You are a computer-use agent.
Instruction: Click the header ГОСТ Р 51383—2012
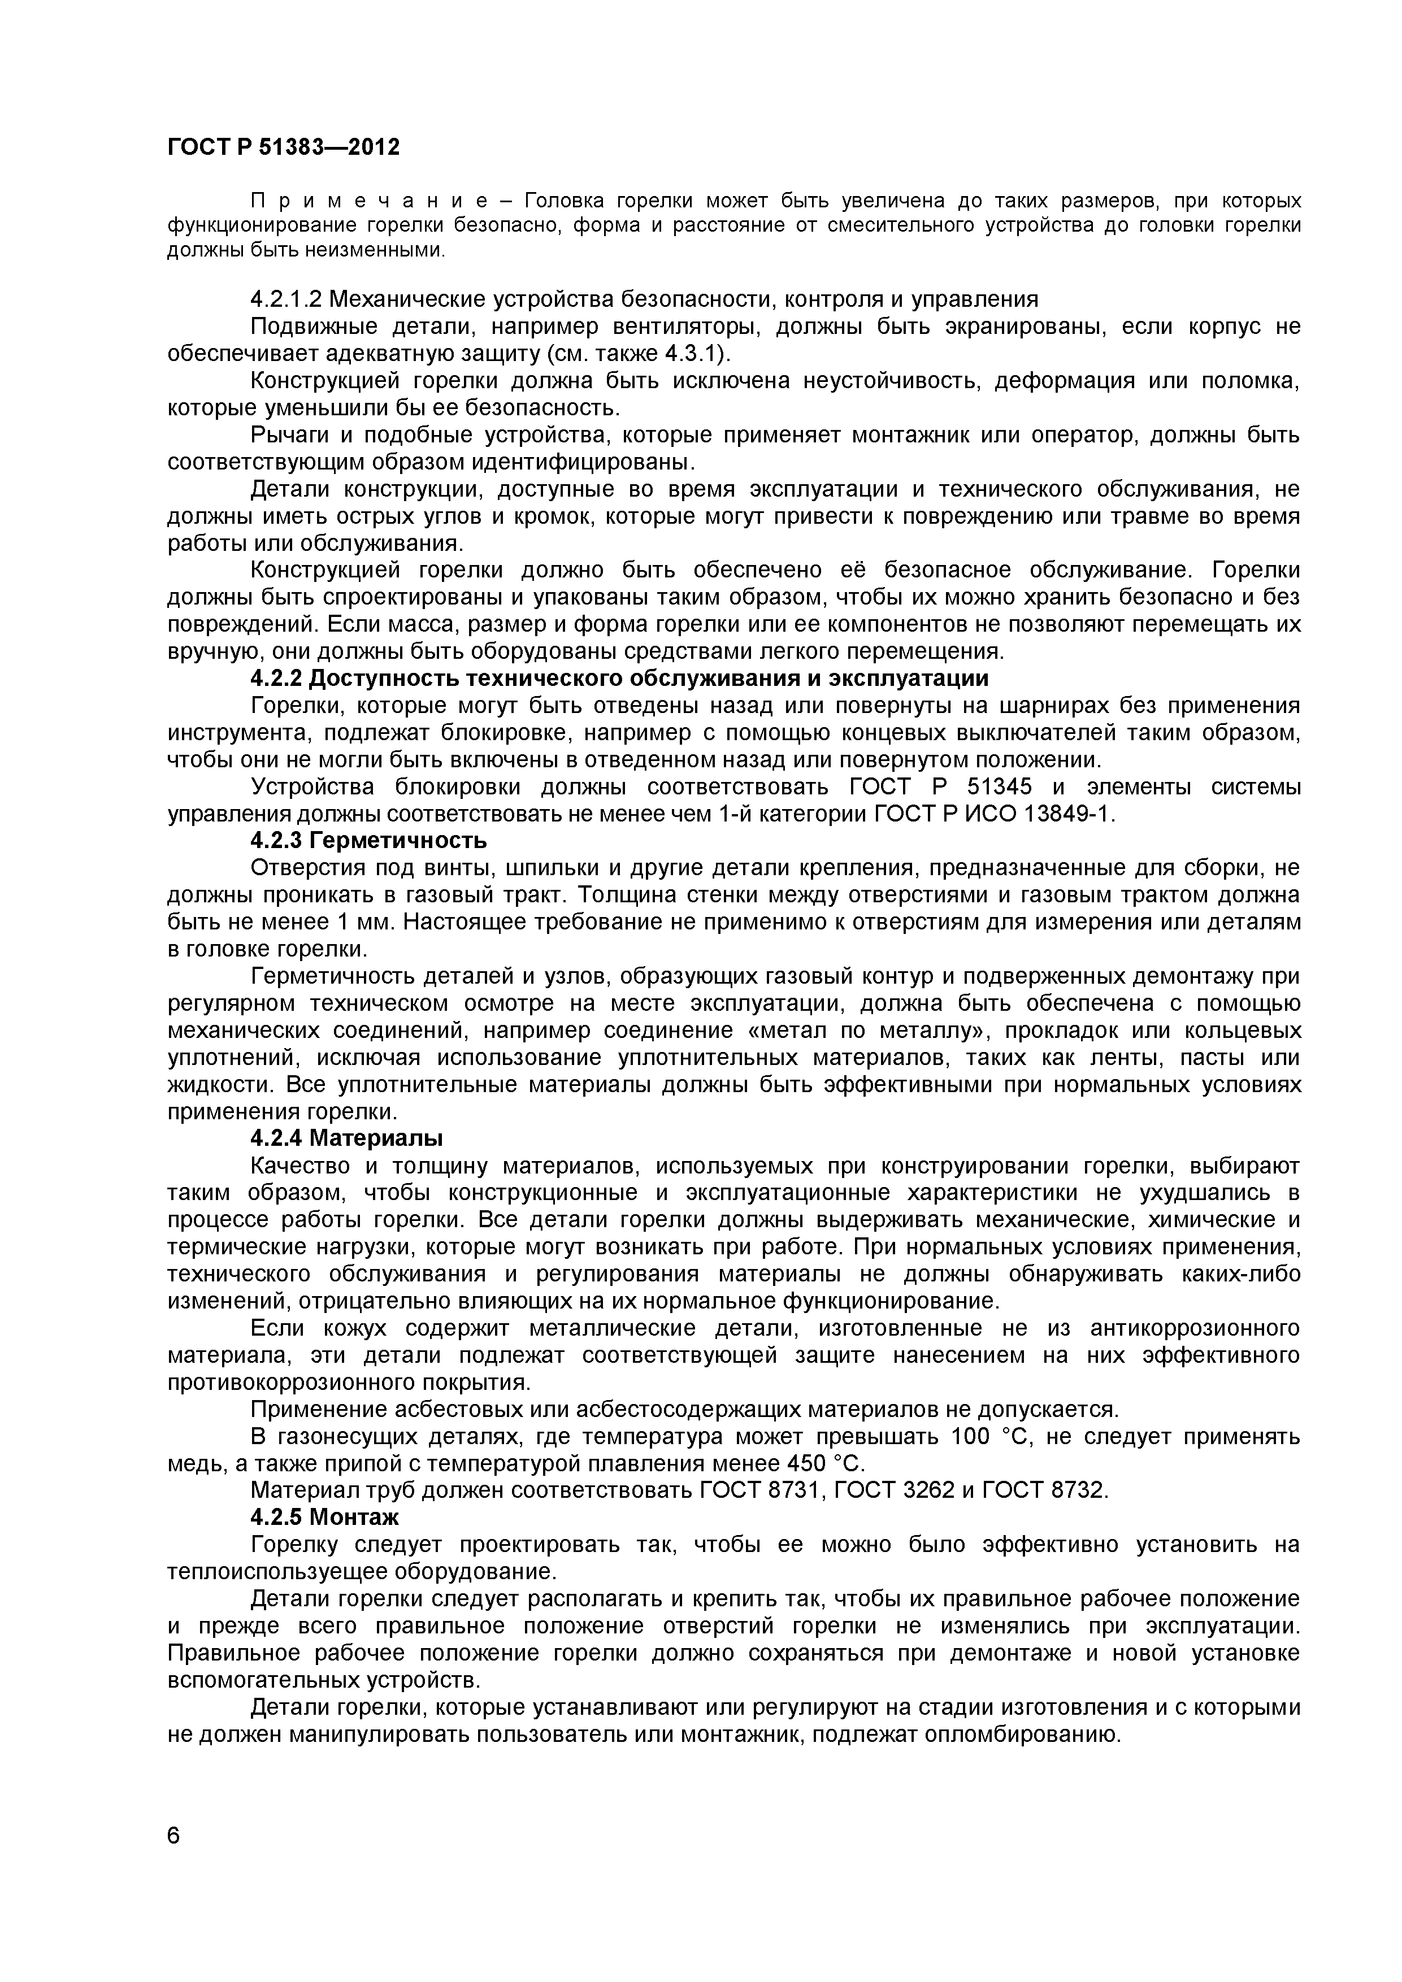pos(283,147)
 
